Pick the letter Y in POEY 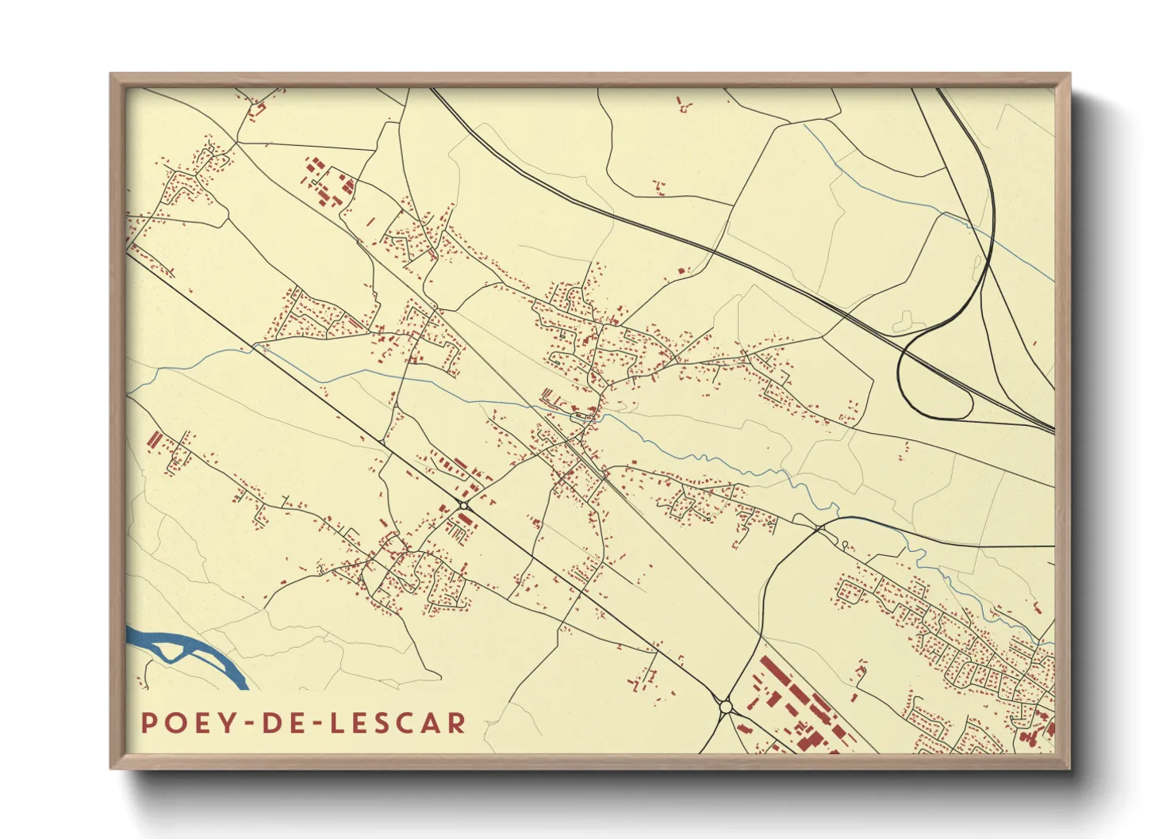[227, 723]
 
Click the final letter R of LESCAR [456, 723]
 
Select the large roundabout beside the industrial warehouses [725, 705]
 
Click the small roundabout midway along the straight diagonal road [463, 504]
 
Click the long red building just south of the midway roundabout [465, 520]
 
